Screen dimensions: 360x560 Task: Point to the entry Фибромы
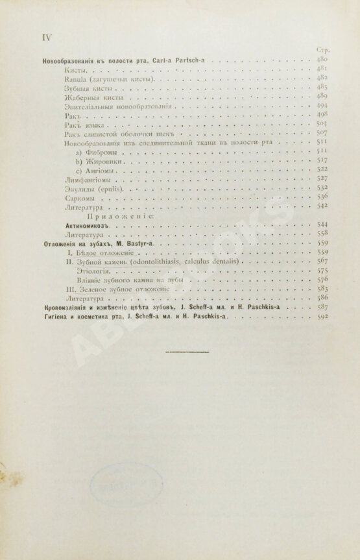[x=98, y=151]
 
